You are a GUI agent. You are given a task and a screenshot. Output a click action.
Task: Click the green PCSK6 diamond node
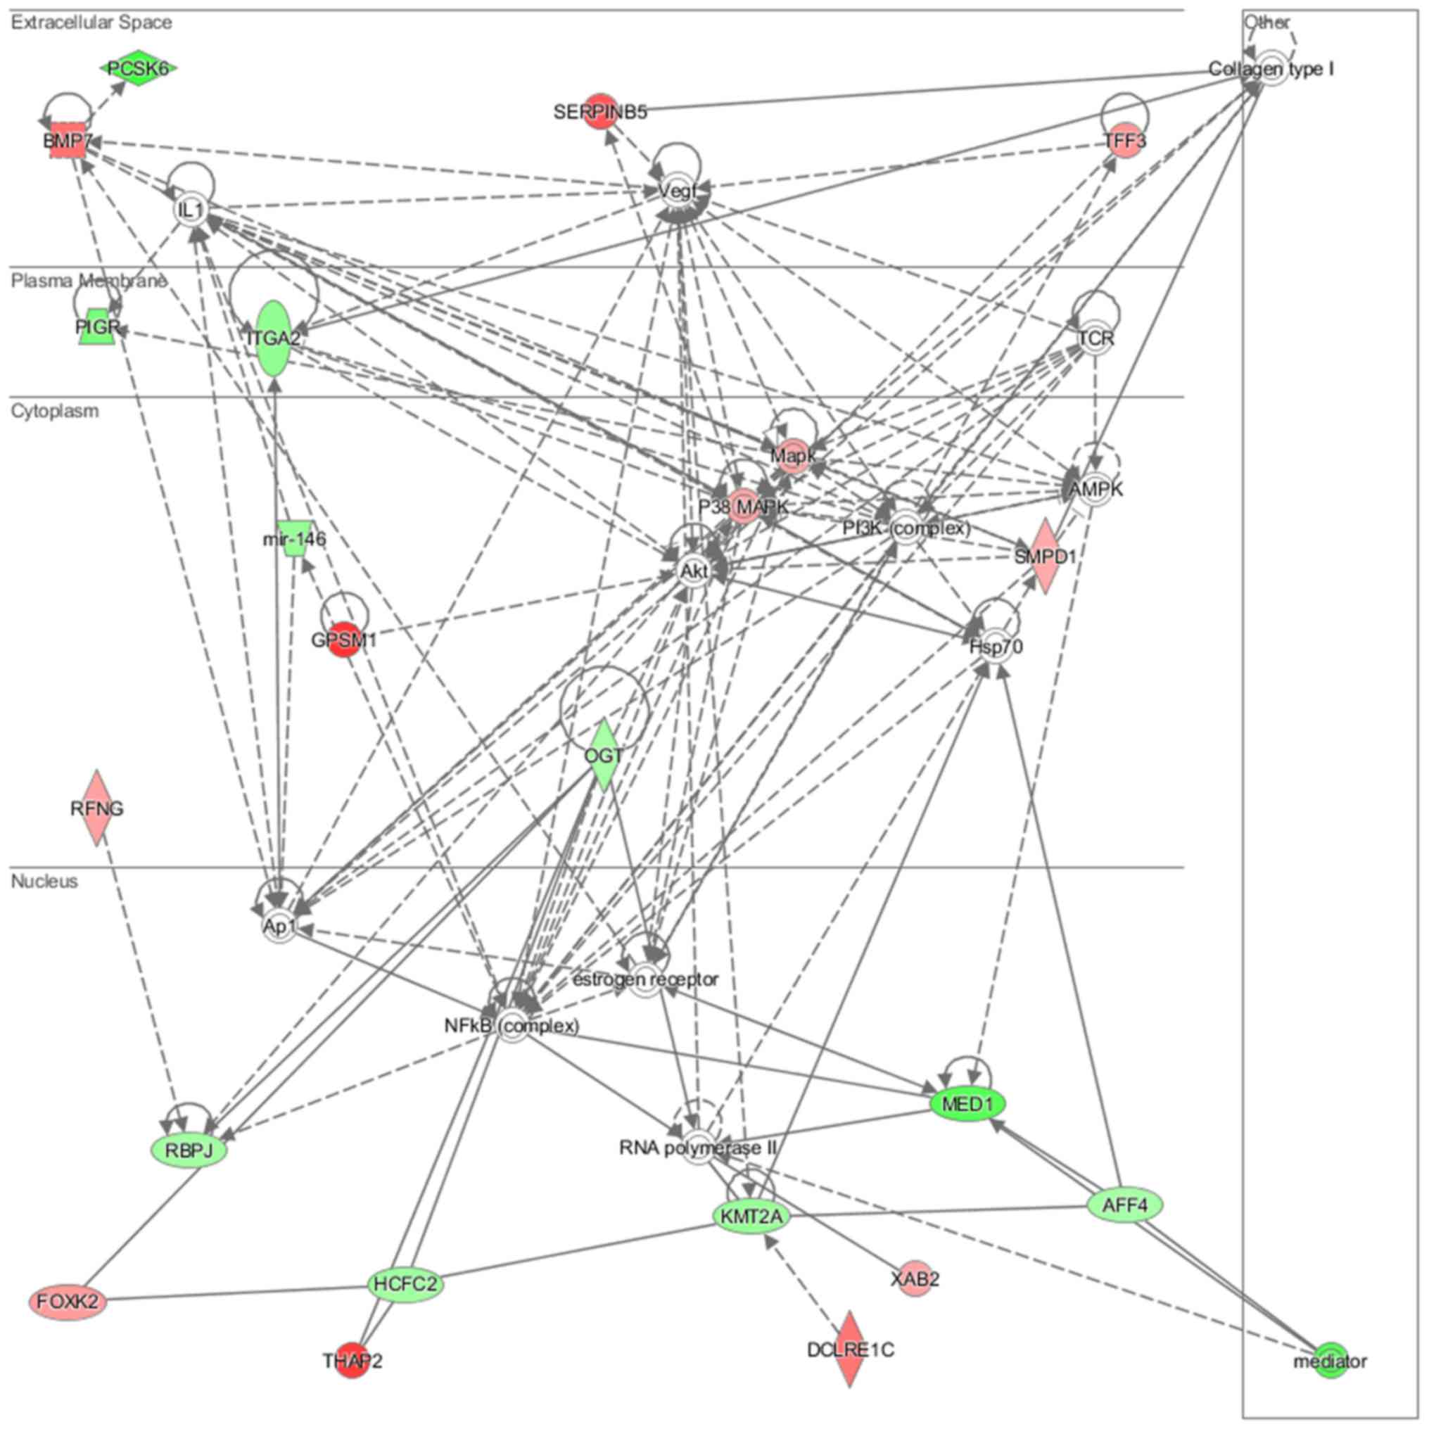[139, 69]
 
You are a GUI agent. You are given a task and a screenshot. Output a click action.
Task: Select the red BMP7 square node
[66, 141]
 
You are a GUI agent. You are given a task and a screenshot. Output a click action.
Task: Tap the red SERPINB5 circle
[600, 111]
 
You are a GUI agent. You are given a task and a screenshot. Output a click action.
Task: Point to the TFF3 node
[1124, 140]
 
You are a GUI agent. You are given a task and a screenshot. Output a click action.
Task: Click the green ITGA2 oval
[274, 338]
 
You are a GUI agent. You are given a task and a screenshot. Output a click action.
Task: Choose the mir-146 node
[294, 538]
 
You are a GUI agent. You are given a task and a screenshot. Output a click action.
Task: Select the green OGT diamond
[604, 755]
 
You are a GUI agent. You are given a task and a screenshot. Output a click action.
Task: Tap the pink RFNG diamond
[97, 808]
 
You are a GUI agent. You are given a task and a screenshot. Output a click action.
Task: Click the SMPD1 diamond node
[1044, 555]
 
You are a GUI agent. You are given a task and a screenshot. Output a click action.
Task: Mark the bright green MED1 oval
[969, 1105]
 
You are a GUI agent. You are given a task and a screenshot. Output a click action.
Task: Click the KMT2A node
[751, 1217]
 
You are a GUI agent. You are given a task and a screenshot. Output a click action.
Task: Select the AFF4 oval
[1125, 1206]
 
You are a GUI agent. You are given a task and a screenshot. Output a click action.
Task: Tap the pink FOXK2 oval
[68, 1301]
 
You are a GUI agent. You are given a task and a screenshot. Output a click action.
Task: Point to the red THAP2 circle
[352, 1360]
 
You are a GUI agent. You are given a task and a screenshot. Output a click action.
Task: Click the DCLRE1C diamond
[850, 1350]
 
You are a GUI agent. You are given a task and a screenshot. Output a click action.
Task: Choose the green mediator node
[1330, 1361]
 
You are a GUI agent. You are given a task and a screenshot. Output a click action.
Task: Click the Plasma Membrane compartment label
[89, 281]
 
